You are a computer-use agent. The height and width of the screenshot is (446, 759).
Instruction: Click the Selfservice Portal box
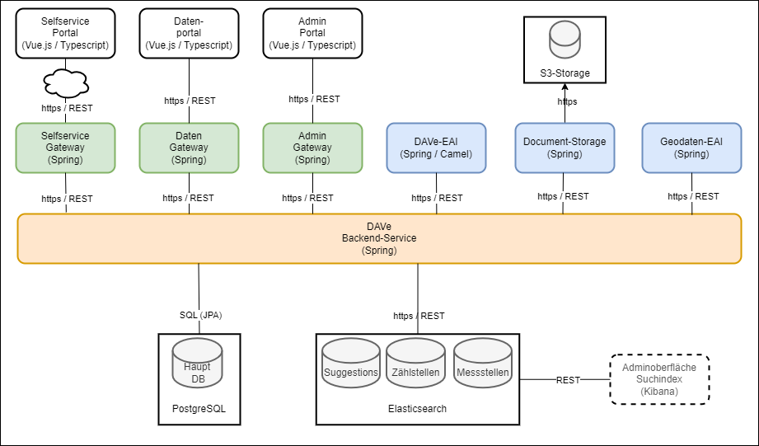[x=66, y=33]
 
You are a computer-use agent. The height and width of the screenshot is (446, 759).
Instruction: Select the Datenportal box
[x=190, y=33]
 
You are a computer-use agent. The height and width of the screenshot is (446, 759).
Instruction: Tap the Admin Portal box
[x=312, y=33]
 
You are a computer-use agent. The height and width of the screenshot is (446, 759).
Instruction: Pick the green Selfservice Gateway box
[x=66, y=148]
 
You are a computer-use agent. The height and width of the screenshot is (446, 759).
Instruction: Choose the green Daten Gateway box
[x=190, y=148]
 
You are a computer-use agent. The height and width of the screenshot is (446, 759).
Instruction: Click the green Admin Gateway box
[x=312, y=148]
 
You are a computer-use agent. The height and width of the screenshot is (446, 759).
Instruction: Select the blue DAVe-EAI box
[x=437, y=148]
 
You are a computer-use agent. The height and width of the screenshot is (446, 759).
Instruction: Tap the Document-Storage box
[x=565, y=148]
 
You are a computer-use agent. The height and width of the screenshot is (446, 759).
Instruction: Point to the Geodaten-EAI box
[x=691, y=148]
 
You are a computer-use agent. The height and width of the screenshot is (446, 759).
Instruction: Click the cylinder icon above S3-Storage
[x=565, y=40]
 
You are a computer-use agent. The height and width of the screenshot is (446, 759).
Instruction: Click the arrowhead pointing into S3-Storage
[x=565, y=87]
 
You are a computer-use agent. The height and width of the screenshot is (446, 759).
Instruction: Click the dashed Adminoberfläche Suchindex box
[x=659, y=379]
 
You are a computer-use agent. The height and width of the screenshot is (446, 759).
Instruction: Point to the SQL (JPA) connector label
[x=201, y=314]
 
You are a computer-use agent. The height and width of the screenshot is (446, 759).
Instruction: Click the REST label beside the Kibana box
[x=568, y=380]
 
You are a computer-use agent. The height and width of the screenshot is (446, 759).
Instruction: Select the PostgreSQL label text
[x=199, y=407]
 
